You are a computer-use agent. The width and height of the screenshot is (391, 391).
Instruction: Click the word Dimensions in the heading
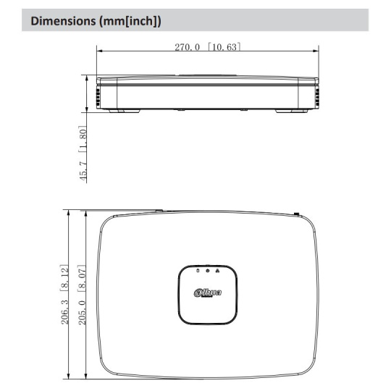pyautogui.click(x=63, y=21)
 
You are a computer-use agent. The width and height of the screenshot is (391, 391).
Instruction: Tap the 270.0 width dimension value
pyautogui.click(x=188, y=47)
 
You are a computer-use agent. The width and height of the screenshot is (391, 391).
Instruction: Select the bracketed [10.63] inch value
pyautogui.click(x=224, y=47)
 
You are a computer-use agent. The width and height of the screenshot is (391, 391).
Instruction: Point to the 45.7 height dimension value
pyautogui.click(x=83, y=171)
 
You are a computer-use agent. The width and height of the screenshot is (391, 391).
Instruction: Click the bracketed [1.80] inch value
pyautogui.click(x=83, y=139)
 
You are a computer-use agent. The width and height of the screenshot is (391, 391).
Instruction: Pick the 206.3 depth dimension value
pyautogui.click(x=65, y=312)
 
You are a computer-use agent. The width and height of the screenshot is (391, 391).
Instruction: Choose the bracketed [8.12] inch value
pyautogui.click(x=64, y=278)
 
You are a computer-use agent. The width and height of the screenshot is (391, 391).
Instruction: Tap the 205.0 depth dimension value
pyautogui.click(x=83, y=313)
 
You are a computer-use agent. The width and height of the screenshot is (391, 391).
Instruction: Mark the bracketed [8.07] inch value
pyautogui.click(x=82, y=278)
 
